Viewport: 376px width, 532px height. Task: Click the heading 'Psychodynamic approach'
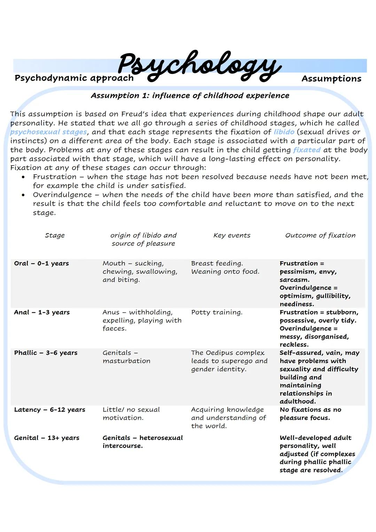coord(74,78)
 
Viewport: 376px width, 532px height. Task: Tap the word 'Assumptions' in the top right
coord(331,79)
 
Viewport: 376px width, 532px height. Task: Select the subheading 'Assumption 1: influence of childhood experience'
coord(190,95)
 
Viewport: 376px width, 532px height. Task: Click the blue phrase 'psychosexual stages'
coord(48,132)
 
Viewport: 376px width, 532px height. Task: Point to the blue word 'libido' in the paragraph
coord(284,132)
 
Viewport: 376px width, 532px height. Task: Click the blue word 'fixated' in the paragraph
coord(306,150)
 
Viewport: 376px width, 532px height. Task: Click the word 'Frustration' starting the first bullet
coord(54,177)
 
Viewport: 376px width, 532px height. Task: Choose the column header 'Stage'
coord(55,235)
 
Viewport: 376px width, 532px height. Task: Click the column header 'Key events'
coord(232,235)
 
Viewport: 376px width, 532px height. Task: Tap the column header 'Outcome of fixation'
coord(320,235)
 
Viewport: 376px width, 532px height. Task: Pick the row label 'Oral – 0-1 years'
coord(41,263)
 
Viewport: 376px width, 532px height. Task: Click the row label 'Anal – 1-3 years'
coord(42,312)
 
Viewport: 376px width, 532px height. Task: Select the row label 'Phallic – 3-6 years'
coord(46,353)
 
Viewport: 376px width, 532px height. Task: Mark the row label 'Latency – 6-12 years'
coord(49,409)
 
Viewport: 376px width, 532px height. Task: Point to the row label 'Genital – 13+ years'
coord(47,438)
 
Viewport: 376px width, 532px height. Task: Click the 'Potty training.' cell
coord(217,312)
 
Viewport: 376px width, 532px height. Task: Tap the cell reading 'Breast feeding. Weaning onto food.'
coord(225,268)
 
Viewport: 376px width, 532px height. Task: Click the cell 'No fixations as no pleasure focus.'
coord(310,414)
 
